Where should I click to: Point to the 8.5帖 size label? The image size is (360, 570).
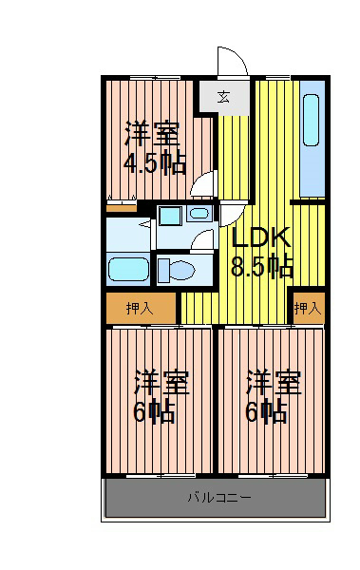point(261,266)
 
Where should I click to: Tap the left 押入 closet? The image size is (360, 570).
point(141,308)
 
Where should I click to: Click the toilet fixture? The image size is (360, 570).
point(176,271)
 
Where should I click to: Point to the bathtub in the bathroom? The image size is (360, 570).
point(127,269)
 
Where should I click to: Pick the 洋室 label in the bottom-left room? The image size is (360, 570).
point(161,383)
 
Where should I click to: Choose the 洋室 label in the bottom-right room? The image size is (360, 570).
point(274,383)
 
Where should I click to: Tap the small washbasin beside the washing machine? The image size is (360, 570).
point(200,215)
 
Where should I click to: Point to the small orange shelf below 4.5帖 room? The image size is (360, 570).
point(121,204)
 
